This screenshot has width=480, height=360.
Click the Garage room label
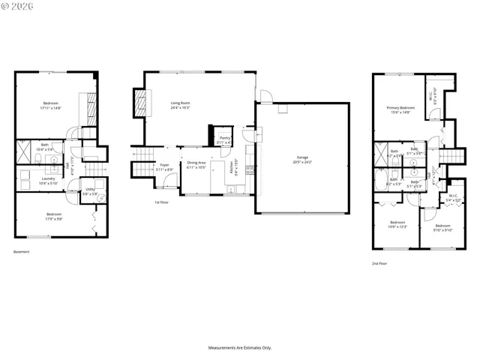point(302,160)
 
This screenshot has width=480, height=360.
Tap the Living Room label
point(180,105)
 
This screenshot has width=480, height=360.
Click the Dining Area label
point(196,165)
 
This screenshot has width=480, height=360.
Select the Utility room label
point(90,191)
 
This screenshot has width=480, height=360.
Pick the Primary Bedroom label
point(398,109)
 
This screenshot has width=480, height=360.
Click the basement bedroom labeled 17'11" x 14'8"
point(50,105)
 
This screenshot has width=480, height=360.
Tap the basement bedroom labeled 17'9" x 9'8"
point(50,217)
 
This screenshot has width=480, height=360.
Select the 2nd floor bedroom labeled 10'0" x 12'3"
point(397,224)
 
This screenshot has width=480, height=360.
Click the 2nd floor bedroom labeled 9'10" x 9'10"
point(442,227)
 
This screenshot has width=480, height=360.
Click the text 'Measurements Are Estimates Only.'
point(239,348)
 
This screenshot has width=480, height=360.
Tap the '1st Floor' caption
point(161,202)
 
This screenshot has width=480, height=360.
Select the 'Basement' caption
point(22,251)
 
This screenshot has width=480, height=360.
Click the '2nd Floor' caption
point(380,263)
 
